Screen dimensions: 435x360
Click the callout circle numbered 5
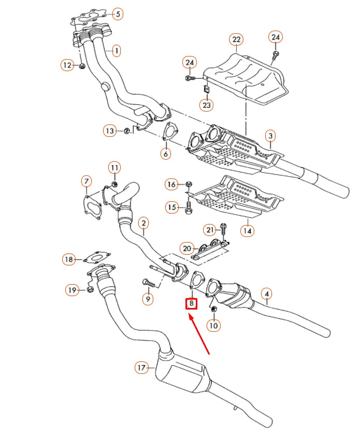pyautogui.click(x=118, y=14)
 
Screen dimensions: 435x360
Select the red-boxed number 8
pyautogui.click(x=191, y=303)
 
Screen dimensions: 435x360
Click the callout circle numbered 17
pyautogui.click(x=141, y=368)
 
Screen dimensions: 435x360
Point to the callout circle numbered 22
pyautogui.click(x=236, y=39)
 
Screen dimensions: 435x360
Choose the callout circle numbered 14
pyautogui.click(x=248, y=230)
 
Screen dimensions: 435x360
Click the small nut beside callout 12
pyautogui.click(x=82, y=65)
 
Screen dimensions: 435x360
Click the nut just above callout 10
pyautogui.click(x=214, y=310)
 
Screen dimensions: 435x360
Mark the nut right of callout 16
pyautogui.click(x=189, y=184)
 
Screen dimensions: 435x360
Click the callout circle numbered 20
pyautogui.click(x=186, y=249)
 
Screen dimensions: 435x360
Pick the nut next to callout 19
pyautogui.click(x=89, y=289)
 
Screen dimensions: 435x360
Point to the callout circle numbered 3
pyautogui.click(x=270, y=136)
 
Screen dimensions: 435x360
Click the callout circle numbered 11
pyautogui.click(x=114, y=167)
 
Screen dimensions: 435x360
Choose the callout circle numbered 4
pyautogui.click(x=266, y=294)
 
